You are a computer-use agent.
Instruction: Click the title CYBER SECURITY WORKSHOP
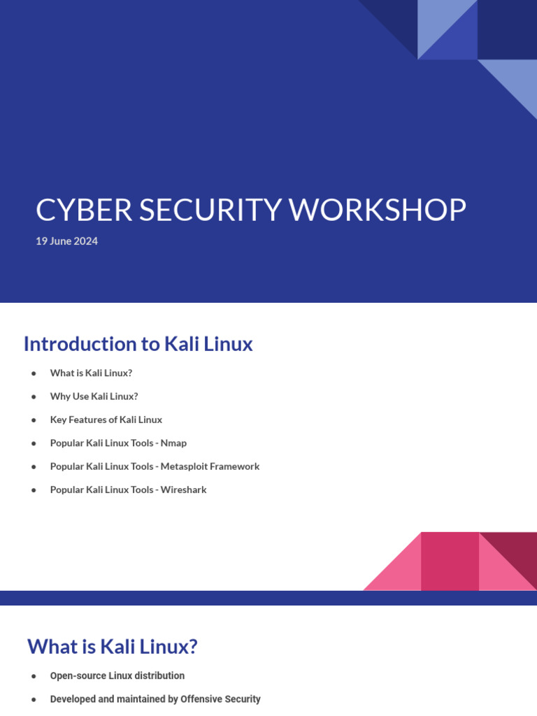pos(250,210)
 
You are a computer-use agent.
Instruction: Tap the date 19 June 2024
pos(66,241)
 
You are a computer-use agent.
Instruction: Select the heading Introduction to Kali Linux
pos(138,344)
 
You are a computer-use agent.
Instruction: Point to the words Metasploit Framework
pos(210,466)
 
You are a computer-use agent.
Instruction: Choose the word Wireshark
pos(183,489)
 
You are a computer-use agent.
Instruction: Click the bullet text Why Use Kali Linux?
pos(94,396)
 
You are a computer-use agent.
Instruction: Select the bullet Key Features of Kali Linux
pos(106,420)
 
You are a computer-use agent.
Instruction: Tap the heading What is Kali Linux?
pos(112,647)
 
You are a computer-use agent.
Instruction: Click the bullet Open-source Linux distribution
pos(117,676)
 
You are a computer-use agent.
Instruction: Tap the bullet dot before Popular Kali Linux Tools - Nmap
pos(34,443)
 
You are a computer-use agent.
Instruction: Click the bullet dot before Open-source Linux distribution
pos(34,676)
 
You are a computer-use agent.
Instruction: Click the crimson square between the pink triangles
pos(450,561)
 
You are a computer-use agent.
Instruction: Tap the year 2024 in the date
pos(86,241)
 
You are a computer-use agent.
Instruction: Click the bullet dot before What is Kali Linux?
pos(34,373)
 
